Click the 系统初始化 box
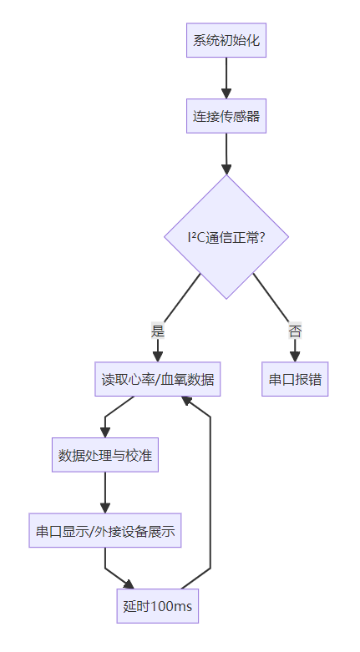point(226,40)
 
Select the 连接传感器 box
point(226,116)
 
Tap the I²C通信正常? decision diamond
point(226,236)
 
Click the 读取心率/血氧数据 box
point(158,379)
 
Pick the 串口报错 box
point(295,379)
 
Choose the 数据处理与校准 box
point(105,455)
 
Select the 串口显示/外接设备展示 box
point(105,531)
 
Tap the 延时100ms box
point(158,606)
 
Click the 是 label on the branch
point(158,331)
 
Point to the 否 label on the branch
point(295,331)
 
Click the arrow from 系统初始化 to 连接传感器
point(226,78)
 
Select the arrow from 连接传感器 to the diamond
point(226,154)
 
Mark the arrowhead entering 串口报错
point(295,356)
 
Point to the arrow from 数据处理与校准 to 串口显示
point(105,493)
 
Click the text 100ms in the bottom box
point(170,606)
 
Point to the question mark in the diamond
point(261,237)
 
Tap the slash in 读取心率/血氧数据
point(158,379)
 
